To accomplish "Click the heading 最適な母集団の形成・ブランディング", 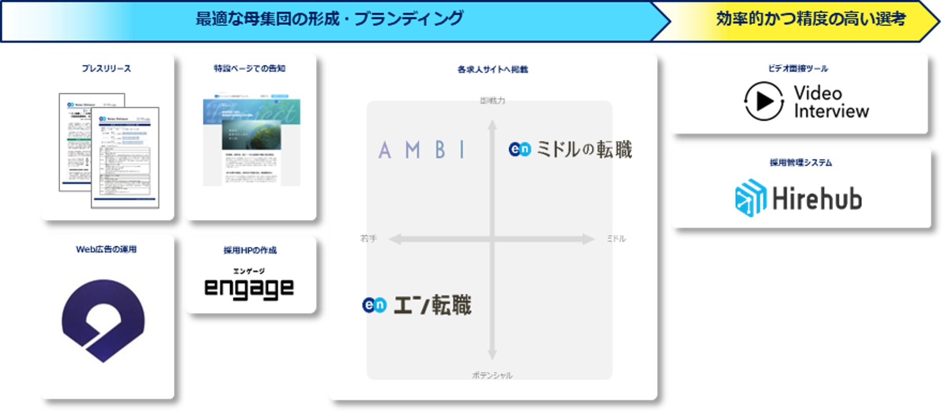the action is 329,19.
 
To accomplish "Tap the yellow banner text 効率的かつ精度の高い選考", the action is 810,19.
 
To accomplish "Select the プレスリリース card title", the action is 106,68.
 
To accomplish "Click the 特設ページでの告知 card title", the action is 250,68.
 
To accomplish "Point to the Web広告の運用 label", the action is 106,249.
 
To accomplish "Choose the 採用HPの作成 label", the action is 250,250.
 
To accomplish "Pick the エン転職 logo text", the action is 432,305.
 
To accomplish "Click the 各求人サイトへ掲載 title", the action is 492,69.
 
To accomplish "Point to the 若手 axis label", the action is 368,239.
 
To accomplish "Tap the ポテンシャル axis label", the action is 492,375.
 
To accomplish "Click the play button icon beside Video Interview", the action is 764,101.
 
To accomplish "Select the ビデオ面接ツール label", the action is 798,68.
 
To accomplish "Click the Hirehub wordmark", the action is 817,199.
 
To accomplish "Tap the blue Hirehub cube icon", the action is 751,197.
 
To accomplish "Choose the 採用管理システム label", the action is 801,163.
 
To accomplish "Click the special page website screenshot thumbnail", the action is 251,139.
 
